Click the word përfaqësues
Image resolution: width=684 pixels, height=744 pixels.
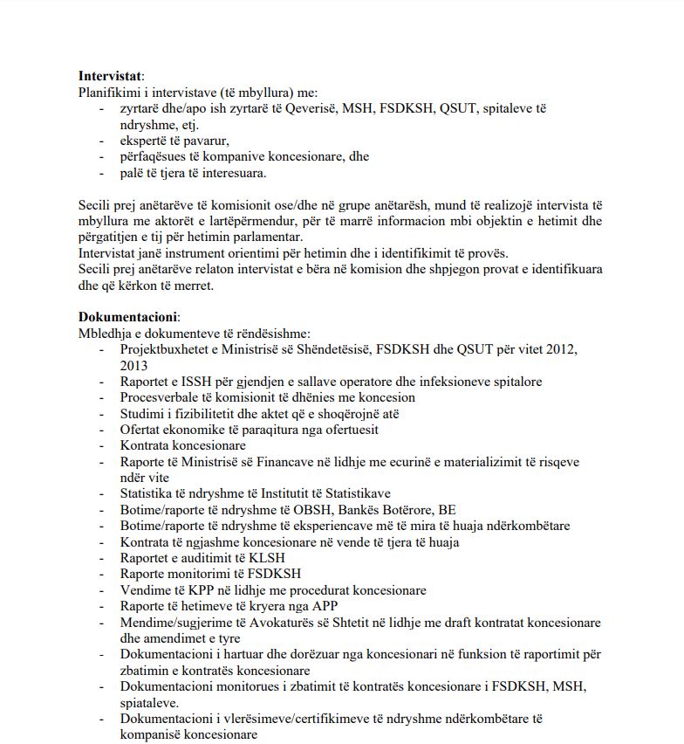coord(159,157)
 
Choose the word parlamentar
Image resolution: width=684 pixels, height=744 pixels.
coord(264,237)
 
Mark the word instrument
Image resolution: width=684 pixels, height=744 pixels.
coord(194,253)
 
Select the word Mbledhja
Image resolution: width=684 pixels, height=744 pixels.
coord(105,334)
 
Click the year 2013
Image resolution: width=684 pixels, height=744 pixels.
coord(134,366)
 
